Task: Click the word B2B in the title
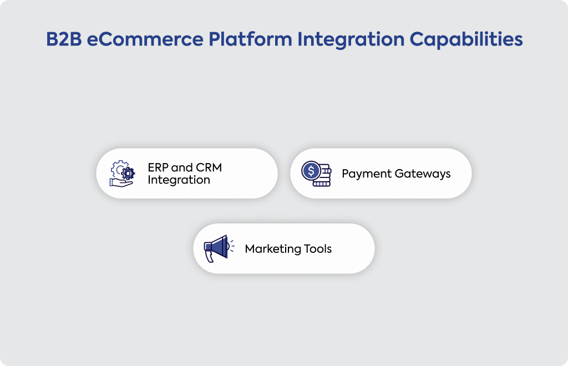pyautogui.click(x=64, y=39)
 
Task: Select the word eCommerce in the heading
pyautogui.click(x=145, y=39)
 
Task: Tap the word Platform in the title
pyautogui.click(x=250, y=39)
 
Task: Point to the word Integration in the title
pyautogui.click(x=351, y=40)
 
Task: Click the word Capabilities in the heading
pyautogui.click(x=466, y=40)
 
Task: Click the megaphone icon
pyautogui.click(x=219, y=248)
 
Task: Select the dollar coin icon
pyautogui.click(x=316, y=174)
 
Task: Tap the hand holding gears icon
pyautogui.click(x=122, y=174)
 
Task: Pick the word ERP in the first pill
pyautogui.click(x=158, y=167)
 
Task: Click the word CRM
pyautogui.click(x=209, y=167)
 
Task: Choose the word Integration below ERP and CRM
pyautogui.click(x=179, y=180)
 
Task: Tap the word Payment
pyautogui.click(x=367, y=174)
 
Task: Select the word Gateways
pyautogui.click(x=423, y=174)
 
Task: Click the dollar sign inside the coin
pyautogui.click(x=311, y=170)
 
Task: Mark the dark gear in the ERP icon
pyautogui.click(x=128, y=174)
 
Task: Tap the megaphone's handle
pyautogui.click(x=210, y=256)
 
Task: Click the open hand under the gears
pyautogui.click(x=121, y=183)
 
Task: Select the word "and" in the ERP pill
pyautogui.click(x=182, y=167)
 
